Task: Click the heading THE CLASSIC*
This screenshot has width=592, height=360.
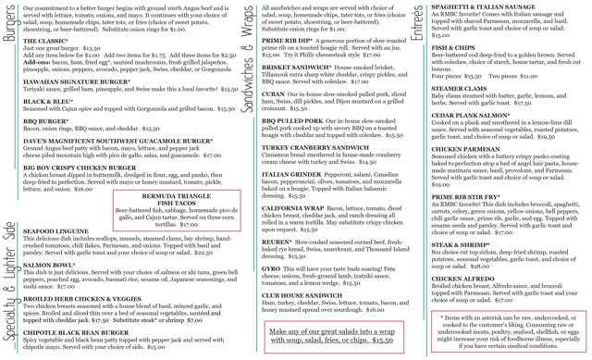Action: [x=46, y=42]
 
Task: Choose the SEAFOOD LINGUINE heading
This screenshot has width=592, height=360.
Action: [x=55, y=230]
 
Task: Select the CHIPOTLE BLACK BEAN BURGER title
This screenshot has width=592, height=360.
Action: [x=77, y=332]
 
